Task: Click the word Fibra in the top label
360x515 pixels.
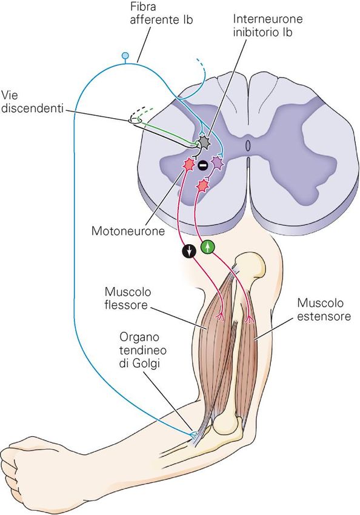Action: pyautogui.click(x=143, y=6)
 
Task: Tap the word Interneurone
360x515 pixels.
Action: pyautogui.click(x=267, y=19)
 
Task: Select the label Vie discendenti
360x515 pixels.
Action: pyautogui.click(x=32, y=102)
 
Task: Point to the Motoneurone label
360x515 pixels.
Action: pyautogui.click(x=128, y=231)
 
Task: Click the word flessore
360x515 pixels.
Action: pyautogui.click(x=126, y=305)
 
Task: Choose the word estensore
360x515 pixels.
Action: pyautogui.click(x=324, y=316)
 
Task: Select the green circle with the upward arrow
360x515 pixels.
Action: pyautogui.click(x=208, y=247)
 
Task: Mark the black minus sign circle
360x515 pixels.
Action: pyautogui.click(x=202, y=165)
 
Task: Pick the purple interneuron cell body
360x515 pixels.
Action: pyautogui.click(x=216, y=162)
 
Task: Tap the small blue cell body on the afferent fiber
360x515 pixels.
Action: pyautogui.click(x=125, y=56)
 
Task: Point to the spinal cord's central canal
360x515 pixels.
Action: pyautogui.click(x=248, y=145)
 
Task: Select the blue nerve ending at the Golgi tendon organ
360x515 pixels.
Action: pyautogui.click(x=194, y=435)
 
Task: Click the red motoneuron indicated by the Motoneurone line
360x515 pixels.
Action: pyautogui.click(x=189, y=164)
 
